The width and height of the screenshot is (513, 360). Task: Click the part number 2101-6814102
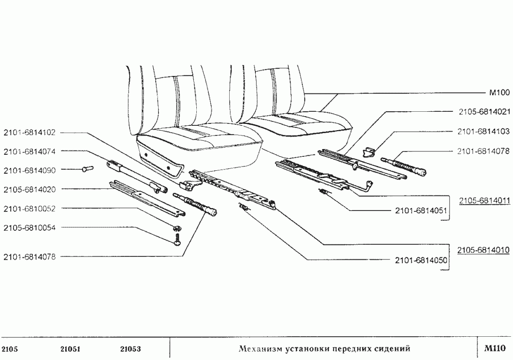(29, 133)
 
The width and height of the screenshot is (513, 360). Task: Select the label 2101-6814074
(29, 151)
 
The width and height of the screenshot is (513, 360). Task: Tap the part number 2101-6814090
(29, 170)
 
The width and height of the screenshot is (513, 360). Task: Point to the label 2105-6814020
(29, 189)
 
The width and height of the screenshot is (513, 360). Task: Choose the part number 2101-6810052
(29, 209)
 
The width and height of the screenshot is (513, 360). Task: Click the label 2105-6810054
(29, 227)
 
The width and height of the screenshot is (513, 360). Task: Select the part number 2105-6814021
(484, 111)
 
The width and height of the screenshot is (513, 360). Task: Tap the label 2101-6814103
(484, 132)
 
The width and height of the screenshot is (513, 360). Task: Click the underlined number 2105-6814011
(484, 199)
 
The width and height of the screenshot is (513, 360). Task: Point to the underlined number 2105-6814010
(484, 249)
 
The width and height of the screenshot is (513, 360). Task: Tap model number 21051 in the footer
(70, 348)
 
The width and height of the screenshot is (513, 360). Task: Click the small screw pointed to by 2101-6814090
(87, 169)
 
